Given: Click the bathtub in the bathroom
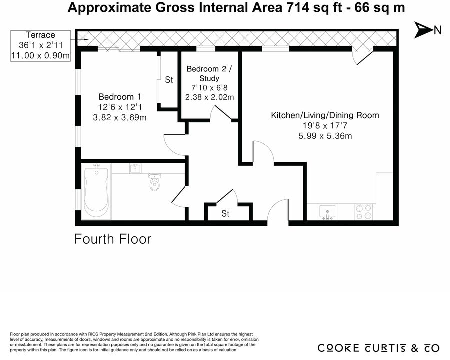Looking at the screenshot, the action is click(x=96, y=192).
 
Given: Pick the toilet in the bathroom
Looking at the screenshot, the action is click(x=154, y=182).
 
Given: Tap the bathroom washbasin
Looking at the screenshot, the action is click(x=135, y=168).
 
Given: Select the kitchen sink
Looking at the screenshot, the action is click(x=327, y=212).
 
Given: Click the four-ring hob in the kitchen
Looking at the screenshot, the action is click(x=364, y=212).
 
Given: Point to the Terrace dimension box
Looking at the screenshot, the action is click(x=40, y=46).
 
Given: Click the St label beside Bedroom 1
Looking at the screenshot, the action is click(x=169, y=80).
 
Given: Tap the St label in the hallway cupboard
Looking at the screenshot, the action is click(x=225, y=213).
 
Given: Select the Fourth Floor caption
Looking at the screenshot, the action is click(x=113, y=239).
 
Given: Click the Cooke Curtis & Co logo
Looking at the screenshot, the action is click(x=378, y=348).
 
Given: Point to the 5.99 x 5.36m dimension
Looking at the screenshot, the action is click(x=325, y=136).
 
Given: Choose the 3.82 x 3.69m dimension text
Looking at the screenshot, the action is click(x=120, y=117).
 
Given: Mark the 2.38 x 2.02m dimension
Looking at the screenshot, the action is click(x=209, y=97).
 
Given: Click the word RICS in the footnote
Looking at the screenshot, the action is click(x=94, y=334).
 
